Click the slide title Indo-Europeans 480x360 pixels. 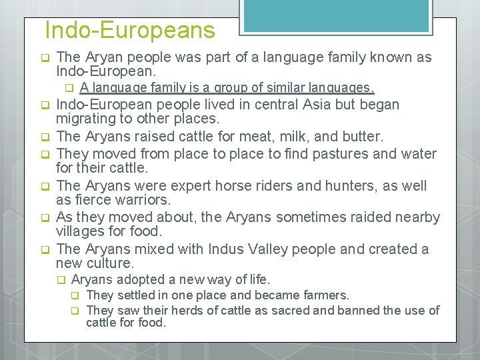[x=130, y=30]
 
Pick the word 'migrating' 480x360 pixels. [x=87, y=119]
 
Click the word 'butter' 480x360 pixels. [x=359, y=137]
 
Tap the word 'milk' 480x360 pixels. [x=285, y=137]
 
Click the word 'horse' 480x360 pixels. [x=220, y=186]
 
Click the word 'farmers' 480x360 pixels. [x=325, y=295]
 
